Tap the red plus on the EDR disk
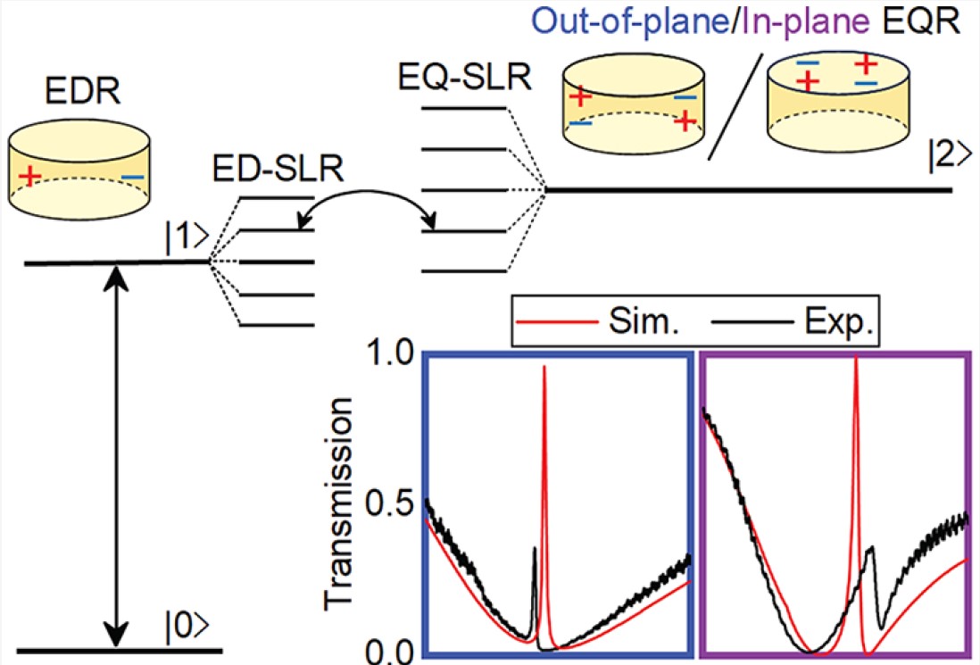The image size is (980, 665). (x=29, y=174)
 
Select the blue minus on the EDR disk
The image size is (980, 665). (x=132, y=178)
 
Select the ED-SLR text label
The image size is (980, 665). (x=256, y=170)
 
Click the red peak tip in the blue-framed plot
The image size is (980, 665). (x=544, y=368)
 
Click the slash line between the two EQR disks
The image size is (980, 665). (x=735, y=105)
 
